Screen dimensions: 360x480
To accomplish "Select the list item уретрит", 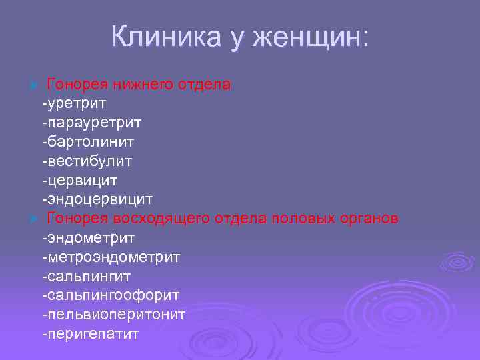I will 73,104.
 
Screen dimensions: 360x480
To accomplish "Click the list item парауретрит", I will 91,123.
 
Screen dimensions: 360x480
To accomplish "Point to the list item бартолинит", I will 87,142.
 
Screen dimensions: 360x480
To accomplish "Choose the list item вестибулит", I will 87,161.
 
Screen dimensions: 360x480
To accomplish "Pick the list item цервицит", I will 80,181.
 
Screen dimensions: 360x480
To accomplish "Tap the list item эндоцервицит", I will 97,199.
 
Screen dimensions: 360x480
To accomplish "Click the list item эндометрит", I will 88,238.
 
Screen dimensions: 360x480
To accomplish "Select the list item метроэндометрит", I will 110,257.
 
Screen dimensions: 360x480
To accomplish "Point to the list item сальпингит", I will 86,276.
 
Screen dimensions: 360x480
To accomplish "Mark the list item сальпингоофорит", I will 110,295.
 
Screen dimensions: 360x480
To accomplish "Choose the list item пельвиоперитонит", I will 113,314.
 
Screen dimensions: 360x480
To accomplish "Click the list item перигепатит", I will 90,333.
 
